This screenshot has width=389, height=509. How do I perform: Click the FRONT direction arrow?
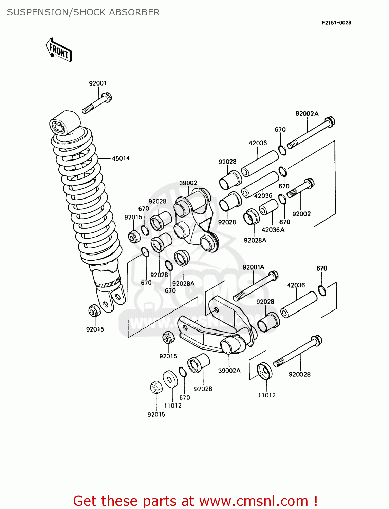coord(59,50)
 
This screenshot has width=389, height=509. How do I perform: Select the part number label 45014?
coord(121,158)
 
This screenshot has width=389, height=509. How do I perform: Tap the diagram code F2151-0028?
coord(336,23)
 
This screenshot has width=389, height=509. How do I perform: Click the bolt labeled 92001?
coord(97,103)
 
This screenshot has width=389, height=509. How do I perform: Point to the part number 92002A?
coord(307,114)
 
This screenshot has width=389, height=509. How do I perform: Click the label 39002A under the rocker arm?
coord(229,370)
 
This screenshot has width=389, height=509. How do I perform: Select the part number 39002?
coord(188,183)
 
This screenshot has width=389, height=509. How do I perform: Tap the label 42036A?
coord(273,230)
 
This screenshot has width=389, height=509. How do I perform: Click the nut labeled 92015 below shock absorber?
coord(94,310)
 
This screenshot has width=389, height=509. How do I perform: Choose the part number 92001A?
coord(253,267)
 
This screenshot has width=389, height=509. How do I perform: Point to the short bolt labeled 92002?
coord(301,188)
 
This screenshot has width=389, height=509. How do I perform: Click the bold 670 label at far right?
coord(321,268)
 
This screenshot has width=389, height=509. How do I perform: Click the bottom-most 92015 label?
coord(156,414)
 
